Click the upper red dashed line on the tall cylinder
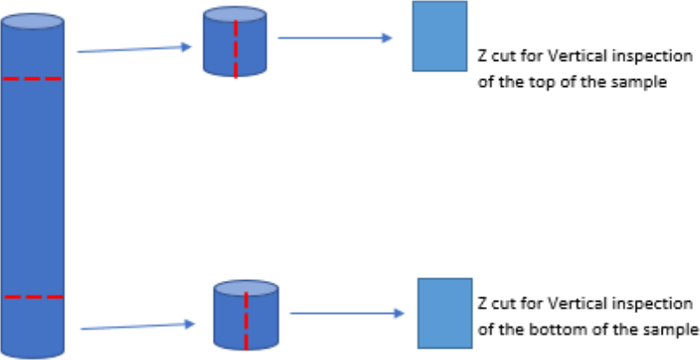click(x=33, y=79)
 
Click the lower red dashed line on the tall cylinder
click(x=33, y=297)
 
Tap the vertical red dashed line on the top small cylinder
click(x=235, y=48)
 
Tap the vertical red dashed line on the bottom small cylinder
click(x=246, y=319)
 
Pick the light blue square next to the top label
click(x=439, y=36)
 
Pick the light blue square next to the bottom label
click(x=444, y=313)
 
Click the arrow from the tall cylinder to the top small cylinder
click(x=134, y=50)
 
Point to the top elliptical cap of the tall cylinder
click(x=33, y=22)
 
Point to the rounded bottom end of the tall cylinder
click(x=33, y=350)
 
